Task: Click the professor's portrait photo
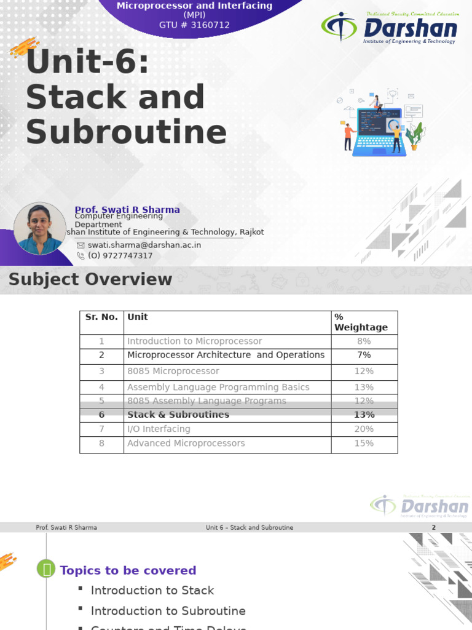click(39, 228)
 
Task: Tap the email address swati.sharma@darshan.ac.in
click(144, 245)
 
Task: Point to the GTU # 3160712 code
click(194, 25)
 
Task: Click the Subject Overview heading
click(90, 279)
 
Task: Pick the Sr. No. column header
click(101, 317)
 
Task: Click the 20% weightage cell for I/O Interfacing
click(364, 429)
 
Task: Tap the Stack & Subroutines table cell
click(178, 415)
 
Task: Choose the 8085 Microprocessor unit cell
click(173, 371)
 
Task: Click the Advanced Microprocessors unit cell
click(186, 443)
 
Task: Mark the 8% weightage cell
click(364, 341)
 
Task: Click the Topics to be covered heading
click(128, 570)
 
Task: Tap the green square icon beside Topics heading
click(46, 570)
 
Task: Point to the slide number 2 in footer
click(433, 528)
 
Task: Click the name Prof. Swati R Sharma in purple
click(127, 210)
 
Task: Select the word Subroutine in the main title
click(126, 133)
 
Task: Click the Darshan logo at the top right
click(389, 28)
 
